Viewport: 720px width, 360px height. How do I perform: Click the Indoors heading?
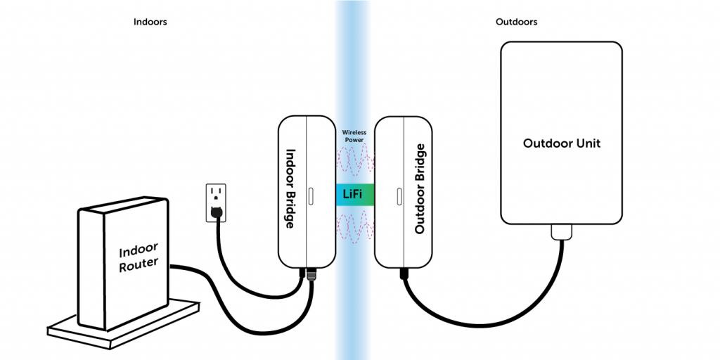pyautogui.click(x=150, y=22)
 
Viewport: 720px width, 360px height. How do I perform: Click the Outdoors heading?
pyautogui.click(x=516, y=22)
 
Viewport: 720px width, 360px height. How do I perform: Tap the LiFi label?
pyautogui.click(x=354, y=194)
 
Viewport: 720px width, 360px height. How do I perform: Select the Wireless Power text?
pyautogui.click(x=354, y=136)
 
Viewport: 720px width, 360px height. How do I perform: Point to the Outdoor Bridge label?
pyautogui.click(x=420, y=188)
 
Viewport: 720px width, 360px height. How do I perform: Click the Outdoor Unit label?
pyautogui.click(x=562, y=143)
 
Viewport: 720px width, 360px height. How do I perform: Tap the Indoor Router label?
pyautogui.click(x=139, y=257)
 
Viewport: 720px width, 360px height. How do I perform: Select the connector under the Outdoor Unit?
pyautogui.click(x=561, y=231)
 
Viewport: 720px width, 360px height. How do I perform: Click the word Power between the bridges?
pyautogui.click(x=354, y=140)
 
